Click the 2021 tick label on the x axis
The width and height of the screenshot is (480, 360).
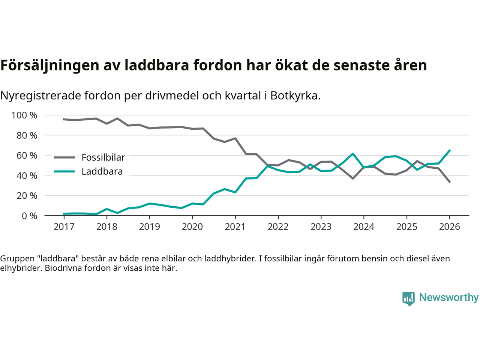235,227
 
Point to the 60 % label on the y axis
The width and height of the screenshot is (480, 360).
27,155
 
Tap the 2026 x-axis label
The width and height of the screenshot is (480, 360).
449,227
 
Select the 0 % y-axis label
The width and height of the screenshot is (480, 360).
30,216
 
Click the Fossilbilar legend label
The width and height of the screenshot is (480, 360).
103,157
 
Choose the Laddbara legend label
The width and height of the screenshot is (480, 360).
102,172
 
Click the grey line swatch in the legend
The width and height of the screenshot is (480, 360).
64,157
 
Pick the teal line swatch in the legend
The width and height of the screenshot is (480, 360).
64,172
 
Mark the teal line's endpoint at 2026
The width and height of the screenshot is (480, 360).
450,150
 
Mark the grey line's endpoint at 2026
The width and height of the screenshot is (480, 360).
450,182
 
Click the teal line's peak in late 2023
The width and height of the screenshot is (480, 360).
353,153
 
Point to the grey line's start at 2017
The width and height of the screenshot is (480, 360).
64,119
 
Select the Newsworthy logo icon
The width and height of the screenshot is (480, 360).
408,298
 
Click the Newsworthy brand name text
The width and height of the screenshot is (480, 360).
449,297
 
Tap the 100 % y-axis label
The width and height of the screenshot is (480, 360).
25,115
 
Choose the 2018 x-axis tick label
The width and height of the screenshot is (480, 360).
107,227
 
